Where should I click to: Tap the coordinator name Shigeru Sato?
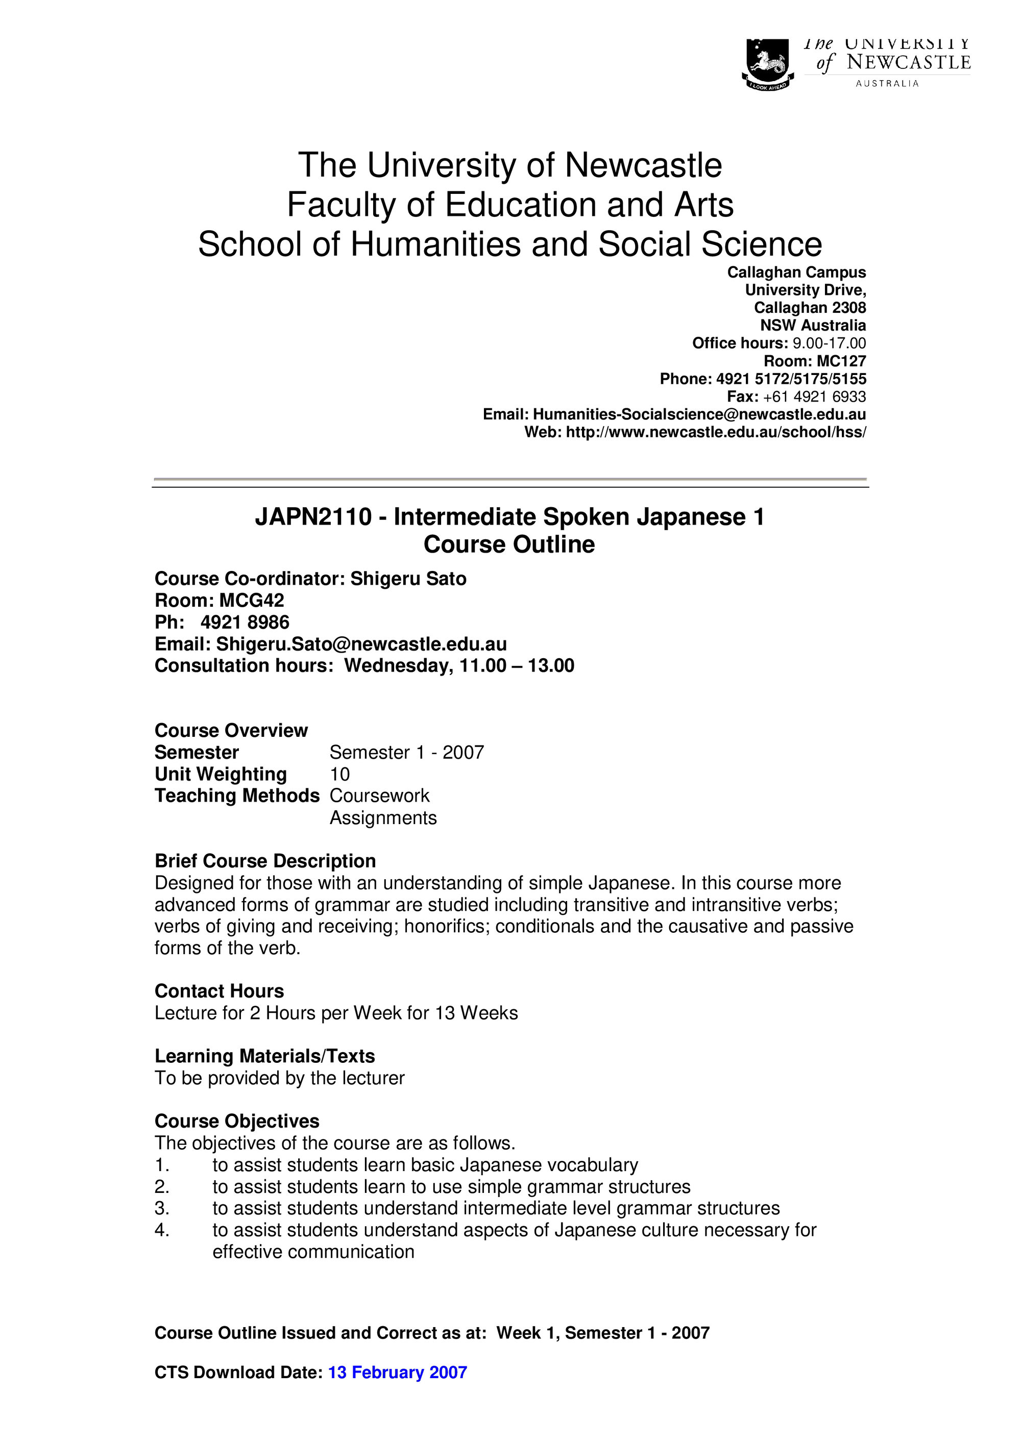click(408, 579)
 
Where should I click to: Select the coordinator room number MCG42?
click(252, 600)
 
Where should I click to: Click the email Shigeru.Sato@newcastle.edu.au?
click(362, 644)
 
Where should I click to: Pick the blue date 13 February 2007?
click(398, 1372)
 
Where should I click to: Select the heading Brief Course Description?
click(265, 861)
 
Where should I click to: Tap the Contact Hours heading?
click(219, 991)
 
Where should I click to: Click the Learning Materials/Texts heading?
click(264, 1056)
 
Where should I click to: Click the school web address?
click(716, 433)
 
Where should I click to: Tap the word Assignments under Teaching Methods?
click(382, 817)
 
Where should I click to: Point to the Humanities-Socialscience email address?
click(699, 414)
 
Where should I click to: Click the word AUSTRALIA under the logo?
click(887, 84)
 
